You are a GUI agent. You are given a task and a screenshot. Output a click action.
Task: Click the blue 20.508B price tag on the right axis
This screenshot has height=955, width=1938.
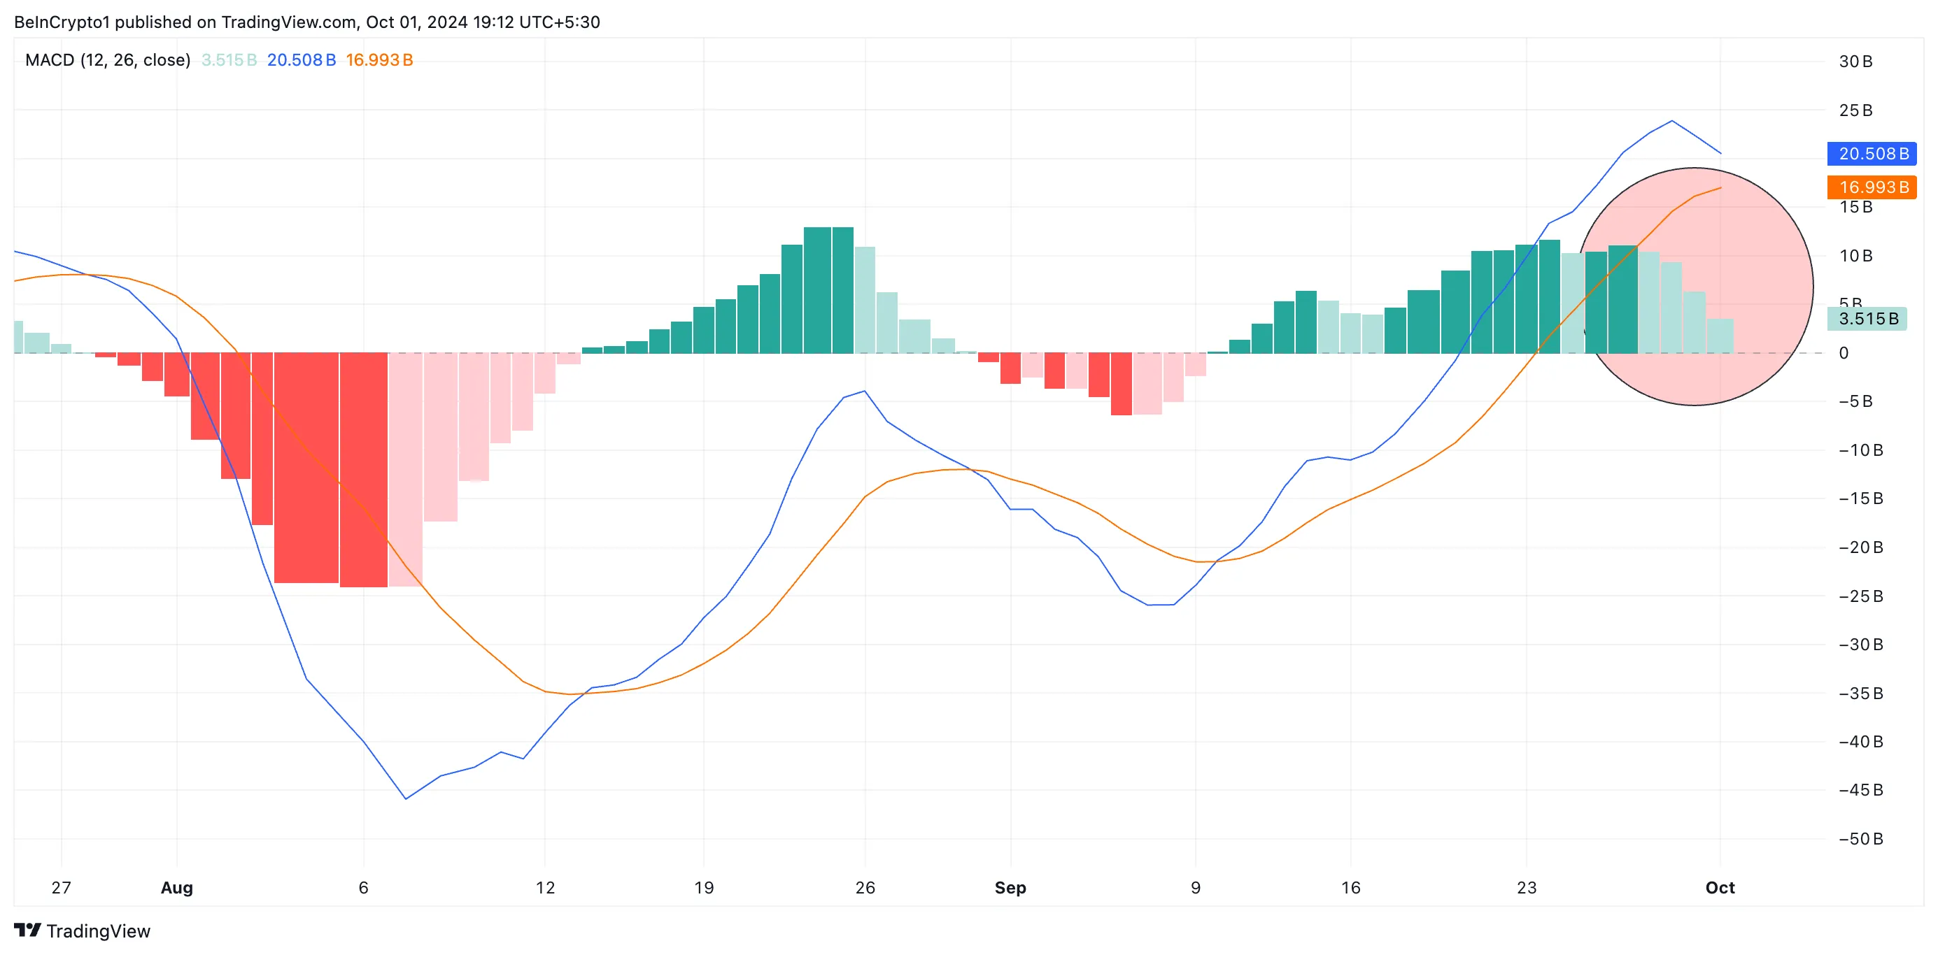point(1872,154)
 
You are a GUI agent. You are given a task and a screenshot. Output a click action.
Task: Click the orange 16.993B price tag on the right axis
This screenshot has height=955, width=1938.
point(1872,187)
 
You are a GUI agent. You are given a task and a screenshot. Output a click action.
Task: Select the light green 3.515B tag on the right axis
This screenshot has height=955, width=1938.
point(1867,319)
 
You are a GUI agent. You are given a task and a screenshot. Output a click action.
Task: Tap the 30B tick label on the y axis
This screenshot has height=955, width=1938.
point(1855,62)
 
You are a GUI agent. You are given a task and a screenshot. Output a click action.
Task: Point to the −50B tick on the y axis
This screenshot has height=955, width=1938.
point(1860,839)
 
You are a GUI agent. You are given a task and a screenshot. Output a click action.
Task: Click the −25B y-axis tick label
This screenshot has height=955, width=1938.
point(1860,596)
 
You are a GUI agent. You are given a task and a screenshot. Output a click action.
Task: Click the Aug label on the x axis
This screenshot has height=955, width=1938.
point(177,888)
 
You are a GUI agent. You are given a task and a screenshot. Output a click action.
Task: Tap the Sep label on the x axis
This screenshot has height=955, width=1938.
point(1010,888)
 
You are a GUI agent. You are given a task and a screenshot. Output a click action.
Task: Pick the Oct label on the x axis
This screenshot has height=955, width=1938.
point(1720,888)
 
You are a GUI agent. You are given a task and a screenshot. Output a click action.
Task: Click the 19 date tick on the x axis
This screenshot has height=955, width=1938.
point(703,888)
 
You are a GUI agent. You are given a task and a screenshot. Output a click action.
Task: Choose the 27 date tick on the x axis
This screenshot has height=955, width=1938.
point(61,888)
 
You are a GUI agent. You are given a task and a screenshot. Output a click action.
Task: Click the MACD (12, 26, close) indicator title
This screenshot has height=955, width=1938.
point(108,60)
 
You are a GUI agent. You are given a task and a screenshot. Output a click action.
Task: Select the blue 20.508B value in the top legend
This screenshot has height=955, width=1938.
point(301,60)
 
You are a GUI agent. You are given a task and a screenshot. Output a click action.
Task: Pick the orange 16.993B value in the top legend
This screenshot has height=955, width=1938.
point(379,60)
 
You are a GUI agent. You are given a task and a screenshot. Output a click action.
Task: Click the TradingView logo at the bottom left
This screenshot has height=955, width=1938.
point(82,931)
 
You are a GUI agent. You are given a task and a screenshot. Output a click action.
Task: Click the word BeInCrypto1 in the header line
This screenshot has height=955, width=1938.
point(62,22)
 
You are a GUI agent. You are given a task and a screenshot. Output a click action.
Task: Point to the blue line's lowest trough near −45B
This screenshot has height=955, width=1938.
point(406,798)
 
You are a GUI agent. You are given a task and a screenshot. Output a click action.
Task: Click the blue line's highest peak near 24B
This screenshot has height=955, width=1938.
point(1671,121)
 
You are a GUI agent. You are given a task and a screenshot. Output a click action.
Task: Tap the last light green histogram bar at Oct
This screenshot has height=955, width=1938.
point(1720,336)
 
